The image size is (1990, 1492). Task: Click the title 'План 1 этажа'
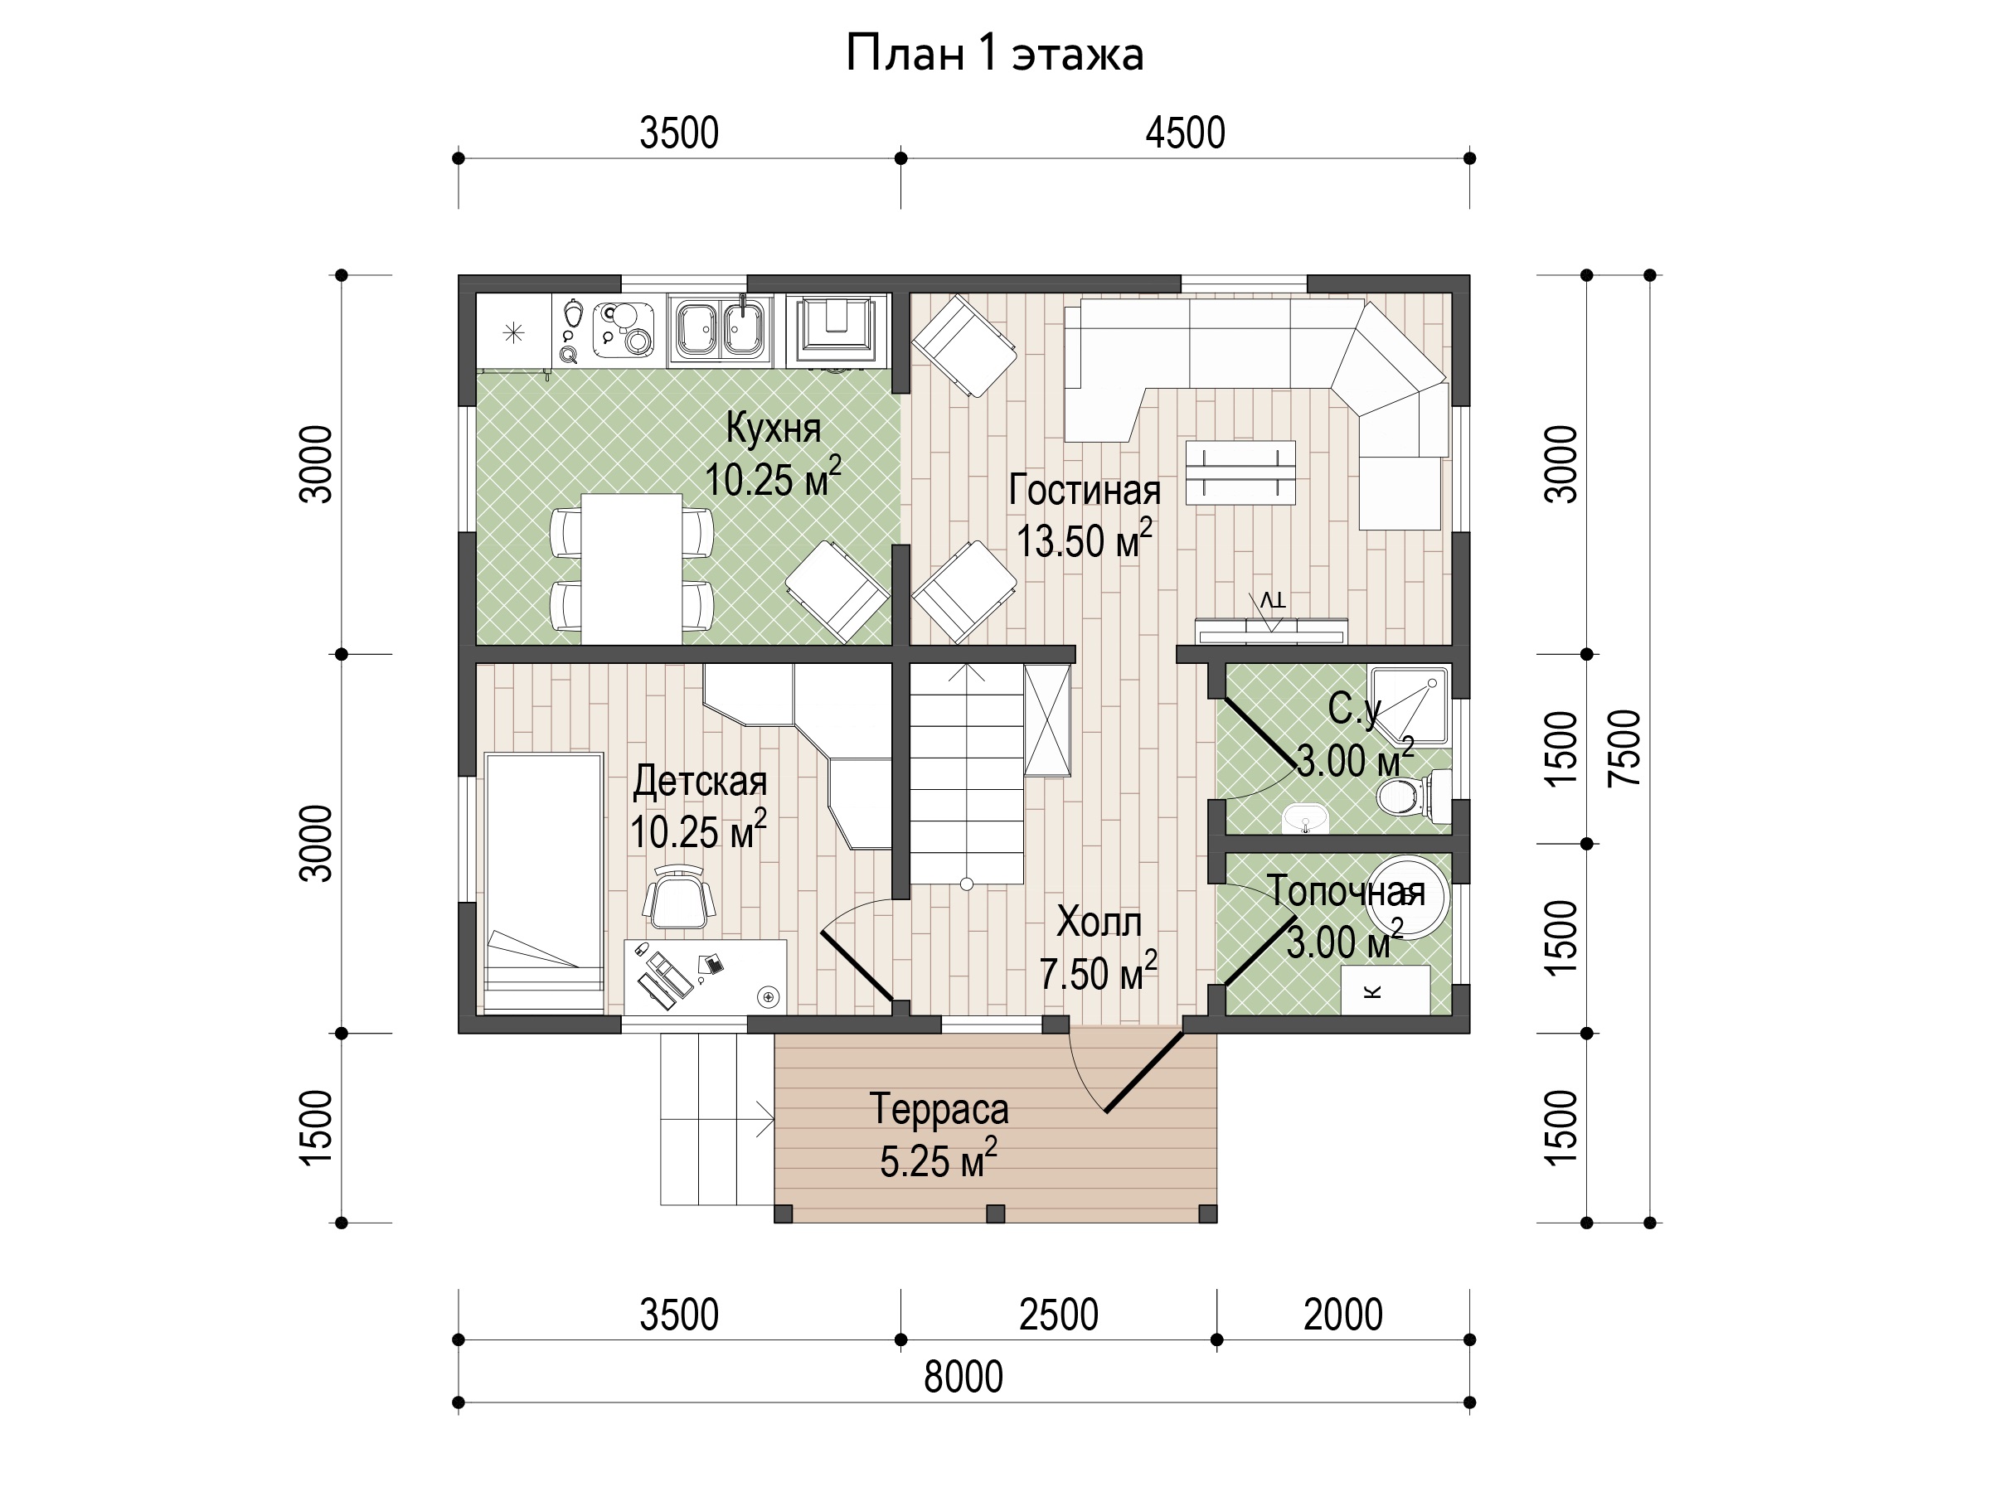(x=994, y=54)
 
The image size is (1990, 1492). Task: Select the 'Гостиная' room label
(x=1084, y=490)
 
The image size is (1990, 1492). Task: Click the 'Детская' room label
(x=700, y=781)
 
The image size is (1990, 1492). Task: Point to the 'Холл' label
(x=1099, y=922)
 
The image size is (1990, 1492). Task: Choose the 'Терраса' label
(x=939, y=1110)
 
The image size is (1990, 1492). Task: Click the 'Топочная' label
(x=1346, y=890)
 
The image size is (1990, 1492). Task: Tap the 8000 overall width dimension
(x=963, y=1376)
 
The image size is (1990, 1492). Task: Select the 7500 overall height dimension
(x=1624, y=748)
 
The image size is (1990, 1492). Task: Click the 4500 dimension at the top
(x=1185, y=133)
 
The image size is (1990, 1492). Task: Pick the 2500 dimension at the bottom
(x=1059, y=1315)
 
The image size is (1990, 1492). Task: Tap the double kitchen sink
(x=720, y=328)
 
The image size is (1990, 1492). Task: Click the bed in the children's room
(x=543, y=883)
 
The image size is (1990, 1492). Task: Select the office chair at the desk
(x=680, y=898)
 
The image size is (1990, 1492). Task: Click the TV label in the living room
(x=1272, y=600)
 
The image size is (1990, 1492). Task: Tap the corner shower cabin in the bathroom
(x=1409, y=705)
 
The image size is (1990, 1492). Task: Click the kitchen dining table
(x=632, y=569)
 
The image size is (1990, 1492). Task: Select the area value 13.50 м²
(x=1084, y=540)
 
